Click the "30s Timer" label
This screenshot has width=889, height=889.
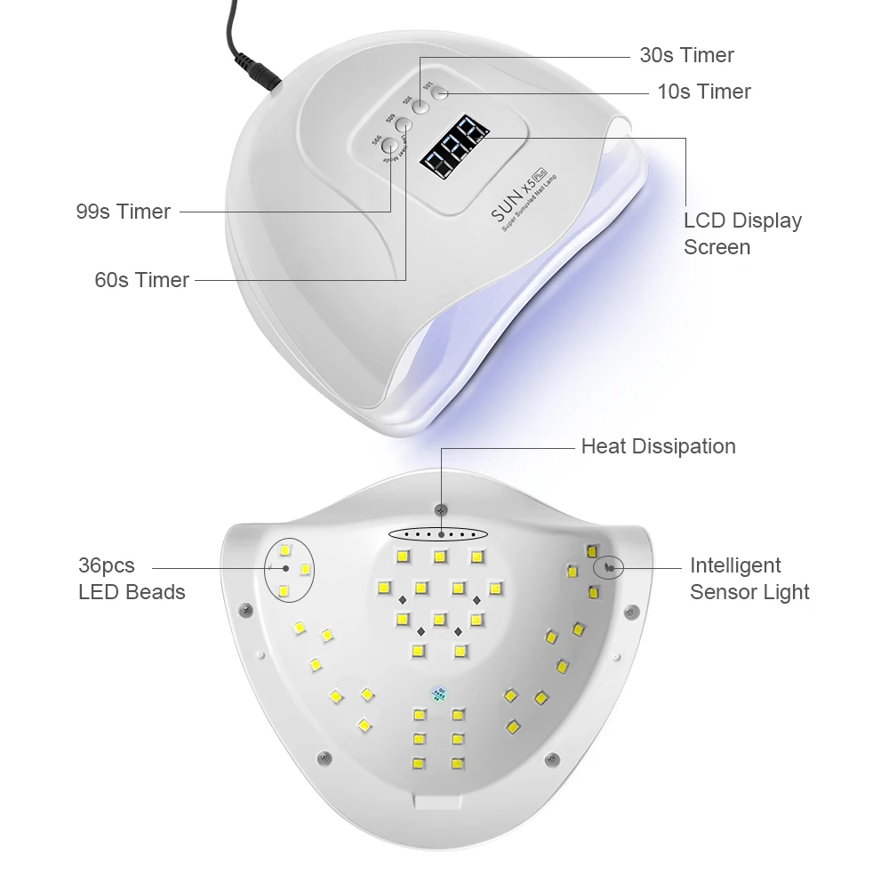686,55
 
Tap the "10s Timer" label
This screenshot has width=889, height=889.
703,92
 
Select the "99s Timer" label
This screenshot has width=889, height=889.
124,212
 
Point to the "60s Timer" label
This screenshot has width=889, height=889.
142,280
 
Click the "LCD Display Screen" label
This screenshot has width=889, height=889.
742,233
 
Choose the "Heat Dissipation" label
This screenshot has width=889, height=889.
658,446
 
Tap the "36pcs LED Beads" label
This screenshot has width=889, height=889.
132,579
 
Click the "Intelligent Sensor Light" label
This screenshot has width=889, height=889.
749,579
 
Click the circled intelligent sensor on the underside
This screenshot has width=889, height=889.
610,566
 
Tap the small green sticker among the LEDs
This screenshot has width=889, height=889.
438,693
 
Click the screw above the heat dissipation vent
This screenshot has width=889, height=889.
439,509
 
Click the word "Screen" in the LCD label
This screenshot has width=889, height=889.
717,247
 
